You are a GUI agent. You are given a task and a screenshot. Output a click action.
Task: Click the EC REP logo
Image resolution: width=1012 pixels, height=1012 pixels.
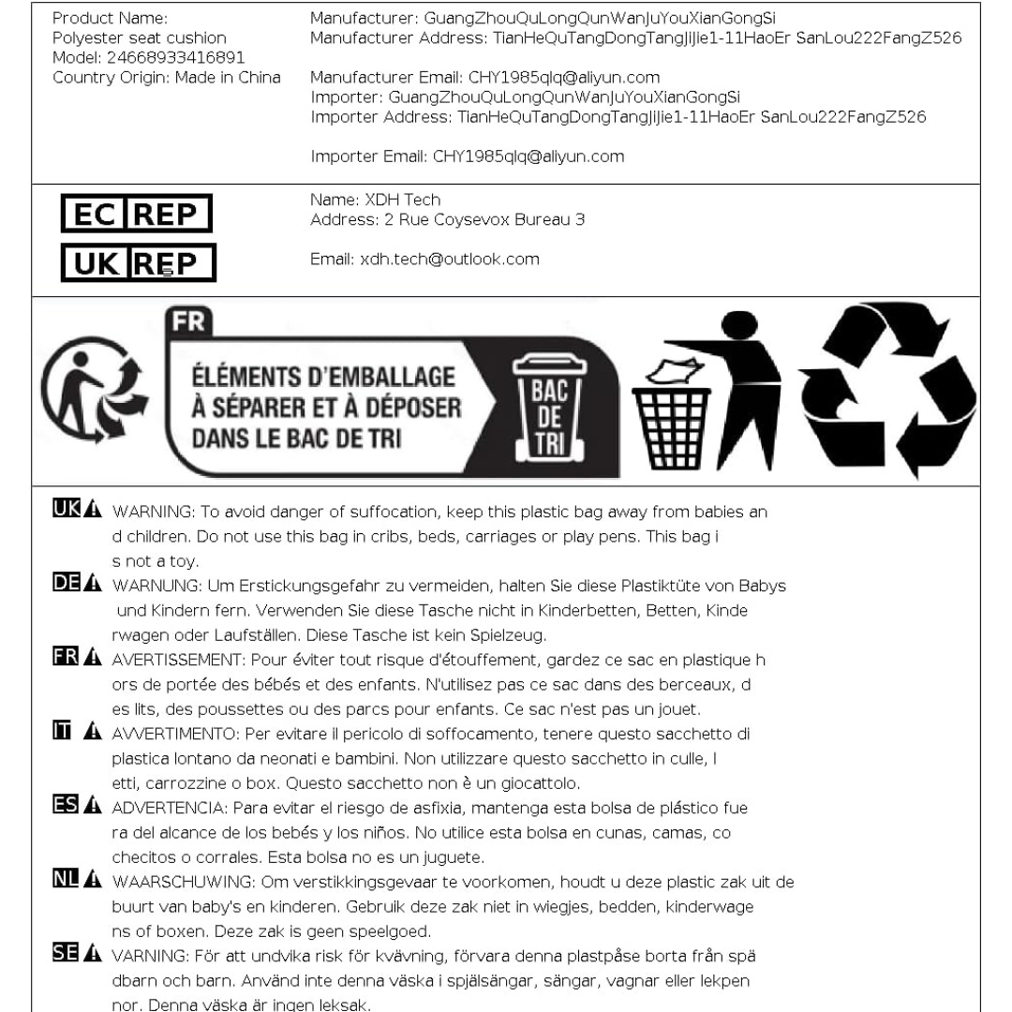click(x=136, y=215)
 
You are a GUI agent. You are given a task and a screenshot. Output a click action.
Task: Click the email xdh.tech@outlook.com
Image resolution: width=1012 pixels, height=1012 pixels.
click(x=424, y=259)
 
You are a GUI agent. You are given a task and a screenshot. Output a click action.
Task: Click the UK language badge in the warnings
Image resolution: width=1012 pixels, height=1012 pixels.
click(x=67, y=512)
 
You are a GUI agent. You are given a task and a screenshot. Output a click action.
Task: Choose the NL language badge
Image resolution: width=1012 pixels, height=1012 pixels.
click(x=67, y=878)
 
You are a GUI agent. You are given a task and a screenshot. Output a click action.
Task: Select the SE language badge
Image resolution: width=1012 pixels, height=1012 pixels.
click(x=67, y=951)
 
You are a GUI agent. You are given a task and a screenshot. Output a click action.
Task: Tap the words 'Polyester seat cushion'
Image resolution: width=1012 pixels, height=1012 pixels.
click(x=140, y=38)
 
